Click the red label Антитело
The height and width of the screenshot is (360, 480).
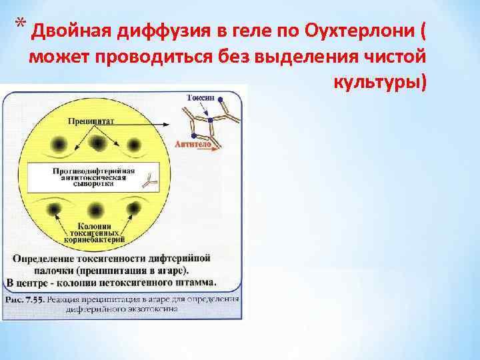193,144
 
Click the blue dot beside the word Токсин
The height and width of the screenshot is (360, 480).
220,98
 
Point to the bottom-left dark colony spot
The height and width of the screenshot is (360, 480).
53,209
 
